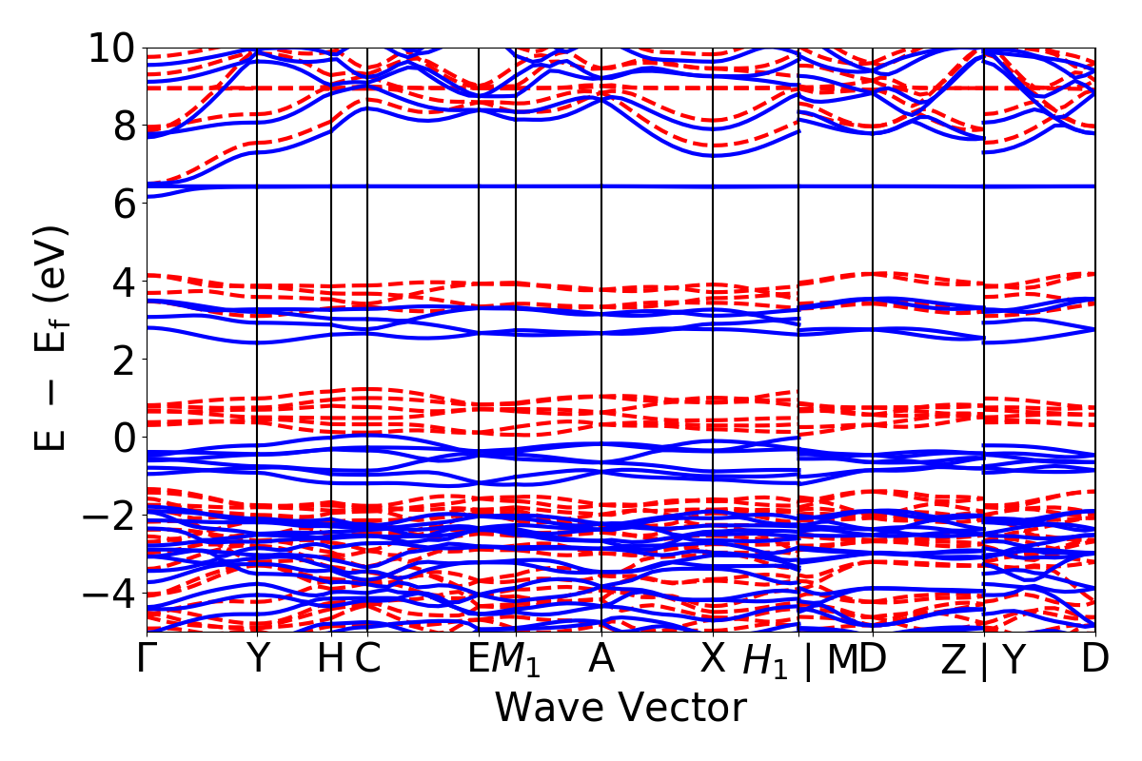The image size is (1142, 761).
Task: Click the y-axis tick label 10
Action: pos(113,48)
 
